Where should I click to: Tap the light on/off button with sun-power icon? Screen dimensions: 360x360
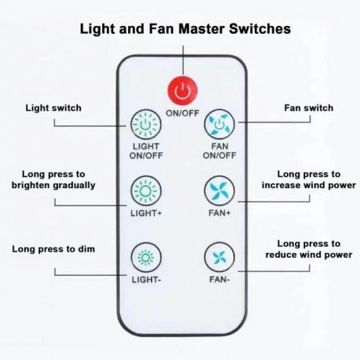tap(146, 124)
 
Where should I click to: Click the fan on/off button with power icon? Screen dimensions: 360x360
tap(219, 124)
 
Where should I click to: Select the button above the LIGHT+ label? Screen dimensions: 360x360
tap(146, 191)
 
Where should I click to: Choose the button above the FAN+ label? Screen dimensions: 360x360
tap(219, 191)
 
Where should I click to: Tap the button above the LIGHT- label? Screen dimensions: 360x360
tap(146, 258)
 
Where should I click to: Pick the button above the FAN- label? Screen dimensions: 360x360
tap(219, 258)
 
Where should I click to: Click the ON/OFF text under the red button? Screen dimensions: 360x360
tap(182, 113)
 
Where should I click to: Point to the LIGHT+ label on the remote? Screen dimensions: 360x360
tap(146, 213)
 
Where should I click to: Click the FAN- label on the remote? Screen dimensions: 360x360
tap(219, 280)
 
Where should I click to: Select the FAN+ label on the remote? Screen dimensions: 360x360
tap(219, 213)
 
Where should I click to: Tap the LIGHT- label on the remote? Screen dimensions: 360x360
tap(146, 280)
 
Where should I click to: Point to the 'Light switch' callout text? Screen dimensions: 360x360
tap(53, 108)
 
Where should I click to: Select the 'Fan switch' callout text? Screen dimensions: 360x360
tap(309, 108)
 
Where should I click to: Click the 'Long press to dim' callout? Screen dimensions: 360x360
tap(53, 249)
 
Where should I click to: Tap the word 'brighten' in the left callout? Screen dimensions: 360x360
tap(31, 186)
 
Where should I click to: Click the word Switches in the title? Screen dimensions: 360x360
tap(260, 28)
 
